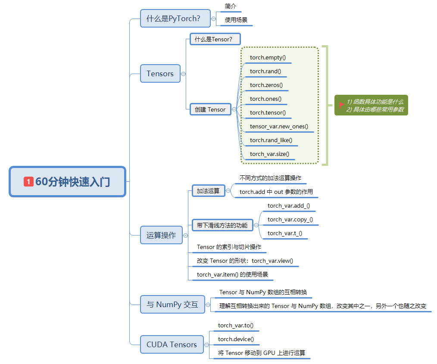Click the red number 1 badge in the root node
pyautogui.click(x=28, y=182)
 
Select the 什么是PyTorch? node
pyautogui.click(x=174, y=19)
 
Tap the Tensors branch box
pyautogui.click(x=160, y=74)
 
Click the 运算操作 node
pyautogui.click(x=161, y=235)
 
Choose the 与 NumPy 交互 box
pyautogui.click(x=172, y=305)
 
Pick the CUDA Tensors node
pyautogui.click(x=172, y=345)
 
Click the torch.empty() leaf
pyautogui.click(x=268, y=57)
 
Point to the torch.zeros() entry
pyautogui.click(x=266, y=85)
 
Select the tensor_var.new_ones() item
pyautogui.click(x=279, y=126)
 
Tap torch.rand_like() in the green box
pyautogui.click(x=271, y=140)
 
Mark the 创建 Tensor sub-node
pyautogui.click(x=210, y=109)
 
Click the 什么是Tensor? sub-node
pyautogui.click(x=213, y=39)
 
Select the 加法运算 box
pyautogui.click(x=208, y=191)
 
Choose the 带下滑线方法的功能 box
pyautogui.click(x=222, y=225)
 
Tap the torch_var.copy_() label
pyautogui.click(x=290, y=220)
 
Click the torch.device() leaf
pyautogui.click(x=236, y=339)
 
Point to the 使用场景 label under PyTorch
pyautogui.click(x=236, y=20)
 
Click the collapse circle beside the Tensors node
pyautogui.click(x=184, y=74)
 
